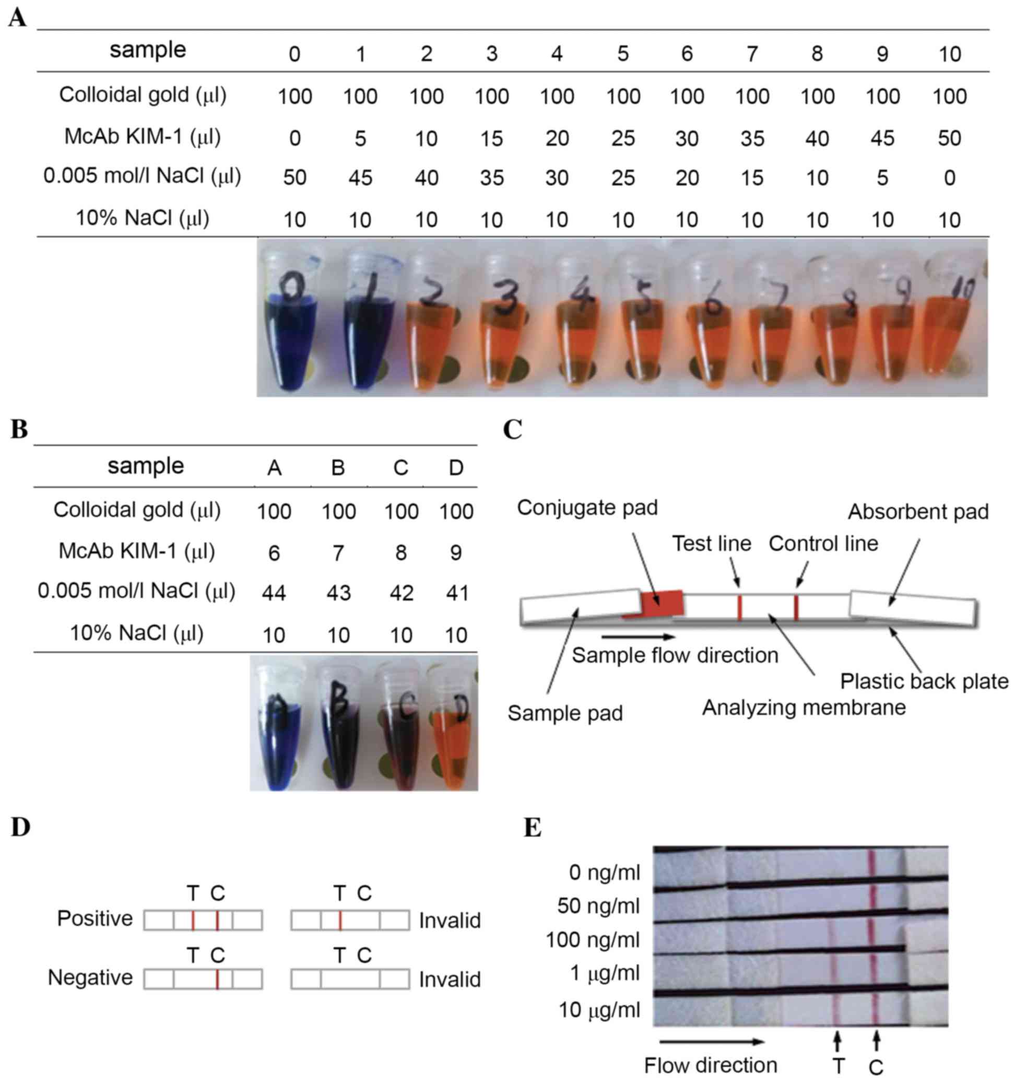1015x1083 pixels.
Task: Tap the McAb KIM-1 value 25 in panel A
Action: coord(622,138)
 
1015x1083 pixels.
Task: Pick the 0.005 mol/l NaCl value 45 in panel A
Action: coord(360,178)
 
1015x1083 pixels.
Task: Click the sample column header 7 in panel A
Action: coord(752,54)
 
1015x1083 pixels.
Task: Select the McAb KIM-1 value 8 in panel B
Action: coord(400,553)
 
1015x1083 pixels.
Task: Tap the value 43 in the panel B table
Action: coord(338,593)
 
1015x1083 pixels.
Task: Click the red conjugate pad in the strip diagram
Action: coord(661,604)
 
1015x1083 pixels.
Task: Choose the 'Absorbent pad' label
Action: coord(918,512)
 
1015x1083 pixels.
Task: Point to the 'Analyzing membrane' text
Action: coord(804,708)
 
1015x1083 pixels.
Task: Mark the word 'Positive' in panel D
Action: coord(95,919)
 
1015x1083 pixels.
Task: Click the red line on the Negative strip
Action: coord(217,980)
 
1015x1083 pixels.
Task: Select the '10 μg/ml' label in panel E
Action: coord(599,1009)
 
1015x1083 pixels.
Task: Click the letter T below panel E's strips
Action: coord(838,1065)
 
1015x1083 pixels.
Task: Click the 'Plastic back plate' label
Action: coord(924,681)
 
